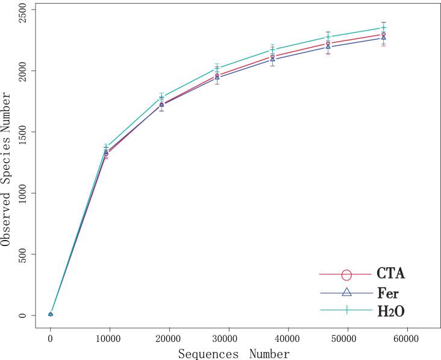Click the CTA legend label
(390, 274)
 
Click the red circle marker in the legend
(346, 274)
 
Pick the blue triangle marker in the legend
(346, 292)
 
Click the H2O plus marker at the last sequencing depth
(383, 28)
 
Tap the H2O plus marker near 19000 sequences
(161, 96)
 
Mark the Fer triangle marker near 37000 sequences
(273, 59)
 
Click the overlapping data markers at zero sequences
(51, 314)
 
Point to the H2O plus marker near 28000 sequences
(217, 68)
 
